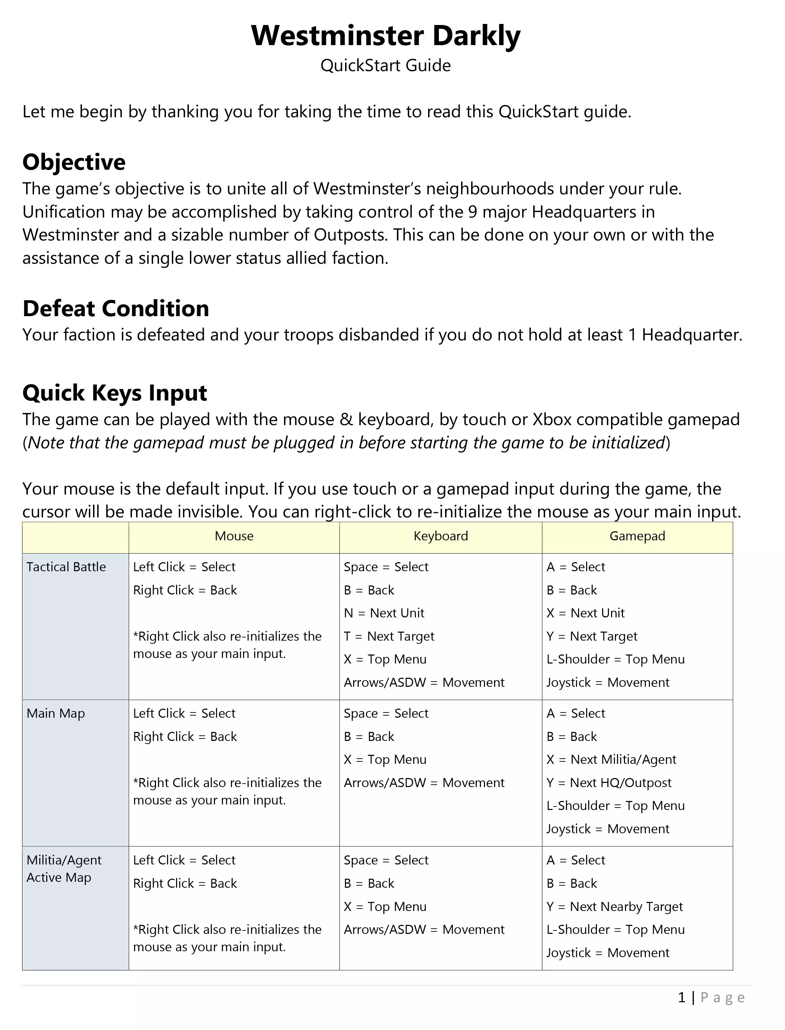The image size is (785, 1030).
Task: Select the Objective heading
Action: pyautogui.click(x=74, y=162)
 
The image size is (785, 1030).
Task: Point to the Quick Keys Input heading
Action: pyautogui.click(x=115, y=393)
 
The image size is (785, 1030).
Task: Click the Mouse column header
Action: pyautogui.click(x=234, y=536)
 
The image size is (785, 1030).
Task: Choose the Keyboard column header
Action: pyautogui.click(x=440, y=536)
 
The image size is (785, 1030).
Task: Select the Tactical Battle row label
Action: pyautogui.click(x=66, y=567)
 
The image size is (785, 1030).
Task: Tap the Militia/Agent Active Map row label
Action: pyautogui.click(x=64, y=869)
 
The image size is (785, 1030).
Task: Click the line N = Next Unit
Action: pyautogui.click(x=384, y=613)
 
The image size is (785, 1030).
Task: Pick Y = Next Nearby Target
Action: pyautogui.click(x=615, y=907)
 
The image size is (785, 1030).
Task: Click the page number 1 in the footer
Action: pyautogui.click(x=682, y=997)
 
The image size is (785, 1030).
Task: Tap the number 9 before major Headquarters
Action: pyautogui.click(x=473, y=212)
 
